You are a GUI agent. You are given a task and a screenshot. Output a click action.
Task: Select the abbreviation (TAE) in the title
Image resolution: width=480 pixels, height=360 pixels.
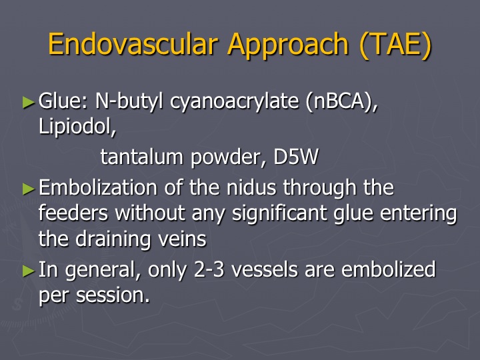[x=395, y=45]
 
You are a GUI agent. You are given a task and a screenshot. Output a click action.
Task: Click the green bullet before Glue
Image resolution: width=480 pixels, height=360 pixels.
[x=29, y=102]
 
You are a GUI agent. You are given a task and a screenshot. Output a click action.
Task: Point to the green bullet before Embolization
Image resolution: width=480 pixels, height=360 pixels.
[x=29, y=189]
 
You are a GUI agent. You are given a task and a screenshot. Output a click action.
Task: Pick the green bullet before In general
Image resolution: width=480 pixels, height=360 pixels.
[x=29, y=271]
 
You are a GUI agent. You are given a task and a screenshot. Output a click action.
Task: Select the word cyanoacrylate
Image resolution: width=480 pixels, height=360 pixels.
[x=234, y=101]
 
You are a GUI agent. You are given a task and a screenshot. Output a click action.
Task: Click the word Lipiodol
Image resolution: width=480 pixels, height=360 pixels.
[x=77, y=125]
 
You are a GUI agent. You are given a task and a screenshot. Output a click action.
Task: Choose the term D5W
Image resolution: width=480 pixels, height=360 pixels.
[x=296, y=157]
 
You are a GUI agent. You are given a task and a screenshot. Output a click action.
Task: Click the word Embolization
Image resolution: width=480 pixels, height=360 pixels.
[x=97, y=187]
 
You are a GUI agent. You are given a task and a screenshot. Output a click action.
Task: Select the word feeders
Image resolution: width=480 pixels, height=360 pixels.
[x=73, y=213]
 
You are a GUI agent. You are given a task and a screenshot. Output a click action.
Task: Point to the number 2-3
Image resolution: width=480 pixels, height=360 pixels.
[x=209, y=269]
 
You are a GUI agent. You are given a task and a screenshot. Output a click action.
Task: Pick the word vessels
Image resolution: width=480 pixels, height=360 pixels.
[x=264, y=269]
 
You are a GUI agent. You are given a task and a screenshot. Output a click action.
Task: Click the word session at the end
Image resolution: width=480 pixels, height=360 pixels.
[x=113, y=295]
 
